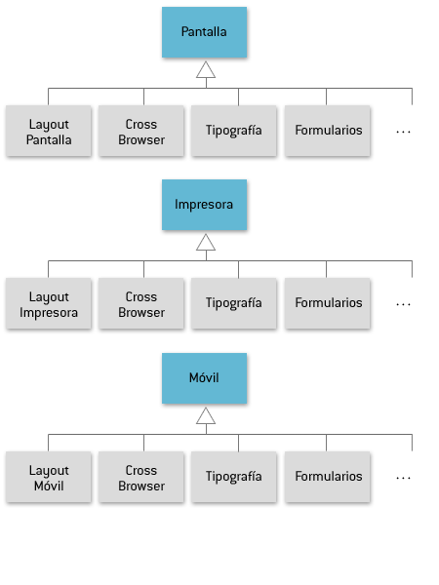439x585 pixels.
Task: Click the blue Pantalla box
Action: pyautogui.click(x=204, y=32)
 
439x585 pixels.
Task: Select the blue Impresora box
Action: pyautogui.click(x=204, y=205)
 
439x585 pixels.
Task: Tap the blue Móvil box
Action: pyautogui.click(x=204, y=378)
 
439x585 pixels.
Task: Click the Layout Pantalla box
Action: pyautogui.click(x=49, y=131)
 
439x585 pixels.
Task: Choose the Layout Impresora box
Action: pyautogui.click(x=49, y=303)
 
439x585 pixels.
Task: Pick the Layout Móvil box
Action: pyautogui.click(x=49, y=477)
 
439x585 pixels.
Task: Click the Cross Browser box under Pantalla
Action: pyautogui.click(x=141, y=131)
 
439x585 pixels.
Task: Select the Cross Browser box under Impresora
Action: pyautogui.click(x=141, y=303)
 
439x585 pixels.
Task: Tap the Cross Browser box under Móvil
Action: pyautogui.click(x=141, y=477)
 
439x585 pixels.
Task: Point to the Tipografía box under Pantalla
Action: pyautogui.click(x=234, y=131)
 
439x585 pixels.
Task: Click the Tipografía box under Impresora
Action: pyautogui.click(x=234, y=303)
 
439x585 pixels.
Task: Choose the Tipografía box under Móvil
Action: pyautogui.click(x=234, y=477)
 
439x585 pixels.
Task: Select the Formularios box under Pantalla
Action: pyautogui.click(x=328, y=131)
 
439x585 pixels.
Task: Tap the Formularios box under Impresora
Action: pyautogui.click(x=328, y=303)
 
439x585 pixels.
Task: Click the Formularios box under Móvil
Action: pyautogui.click(x=328, y=477)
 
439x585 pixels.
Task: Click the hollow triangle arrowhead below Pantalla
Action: pyautogui.click(x=206, y=71)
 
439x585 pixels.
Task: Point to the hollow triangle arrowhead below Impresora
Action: pyautogui.click(x=206, y=243)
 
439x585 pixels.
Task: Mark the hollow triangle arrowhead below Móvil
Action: pyautogui.click(x=206, y=416)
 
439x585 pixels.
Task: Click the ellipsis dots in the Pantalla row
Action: pyautogui.click(x=403, y=132)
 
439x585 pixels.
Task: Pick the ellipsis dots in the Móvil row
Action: pyautogui.click(x=403, y=478)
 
